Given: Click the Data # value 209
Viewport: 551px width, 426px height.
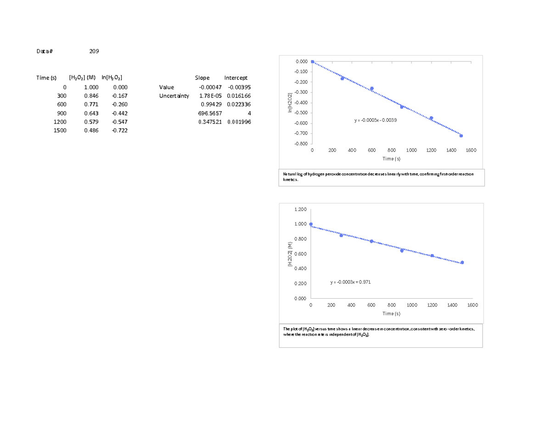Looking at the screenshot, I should [x=94, y=51].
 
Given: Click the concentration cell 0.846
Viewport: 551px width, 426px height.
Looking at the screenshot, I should [x=91, y=96].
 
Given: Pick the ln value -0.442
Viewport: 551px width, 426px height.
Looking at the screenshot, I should [x=120, y=113].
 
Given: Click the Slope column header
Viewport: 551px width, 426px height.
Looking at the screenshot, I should [x=202, y=78].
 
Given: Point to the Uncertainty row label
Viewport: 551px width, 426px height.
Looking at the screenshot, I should [x=174, y=96].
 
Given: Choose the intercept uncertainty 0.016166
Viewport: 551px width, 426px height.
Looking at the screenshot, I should [x=239, y=96].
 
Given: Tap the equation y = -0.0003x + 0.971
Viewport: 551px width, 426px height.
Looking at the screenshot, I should [x=350, y=282].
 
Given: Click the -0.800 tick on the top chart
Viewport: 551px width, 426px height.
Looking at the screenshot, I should [x=301, y=144].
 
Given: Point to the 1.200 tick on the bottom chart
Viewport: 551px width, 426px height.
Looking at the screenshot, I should [x=299, y=209].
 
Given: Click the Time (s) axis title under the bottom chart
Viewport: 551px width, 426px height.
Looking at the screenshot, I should [x=391, y=313].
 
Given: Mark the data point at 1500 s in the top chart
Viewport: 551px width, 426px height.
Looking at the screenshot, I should [x=461, y=136].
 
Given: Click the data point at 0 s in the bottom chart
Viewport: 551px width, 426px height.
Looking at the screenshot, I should [x=311, y=224].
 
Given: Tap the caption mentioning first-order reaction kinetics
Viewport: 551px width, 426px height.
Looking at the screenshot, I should [x=381, y=177].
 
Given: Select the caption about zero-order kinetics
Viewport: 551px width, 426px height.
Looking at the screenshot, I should [x=381, y=332].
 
